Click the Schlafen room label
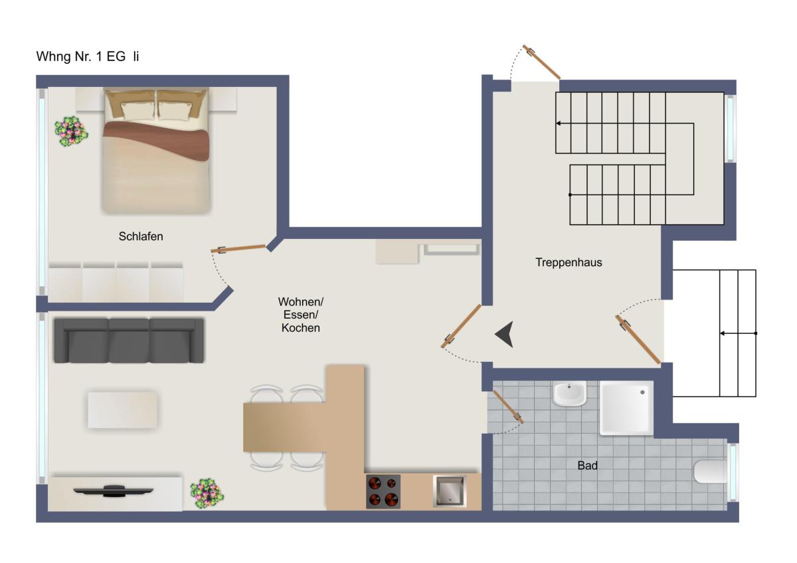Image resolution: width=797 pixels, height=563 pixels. point(141,236)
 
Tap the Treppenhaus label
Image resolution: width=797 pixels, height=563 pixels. point(569,262)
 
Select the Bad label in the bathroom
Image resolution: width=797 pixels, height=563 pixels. point(587,465)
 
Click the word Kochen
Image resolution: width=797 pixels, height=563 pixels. point(301,328)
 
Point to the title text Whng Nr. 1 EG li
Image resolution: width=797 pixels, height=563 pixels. point(88,56)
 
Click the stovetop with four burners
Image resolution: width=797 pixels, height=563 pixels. point(383,491)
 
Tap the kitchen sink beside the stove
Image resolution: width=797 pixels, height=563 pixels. point(450,491)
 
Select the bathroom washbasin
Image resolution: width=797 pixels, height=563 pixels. point(569,393)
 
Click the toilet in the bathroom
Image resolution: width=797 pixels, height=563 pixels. point(710,471)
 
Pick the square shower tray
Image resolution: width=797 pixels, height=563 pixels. point(626,408)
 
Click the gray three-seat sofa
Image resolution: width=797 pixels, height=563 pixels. point(129,341)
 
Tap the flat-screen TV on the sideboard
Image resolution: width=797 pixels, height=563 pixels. point(113,491)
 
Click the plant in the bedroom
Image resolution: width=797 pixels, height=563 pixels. point(71,131)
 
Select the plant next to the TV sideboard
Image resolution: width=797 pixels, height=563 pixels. point(207,493)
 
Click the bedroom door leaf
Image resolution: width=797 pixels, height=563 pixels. point(238,248)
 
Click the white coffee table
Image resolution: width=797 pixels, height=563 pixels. point(122,410)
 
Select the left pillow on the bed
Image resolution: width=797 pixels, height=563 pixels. point(137,111)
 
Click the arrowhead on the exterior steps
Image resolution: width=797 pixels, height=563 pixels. point(723,333)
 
